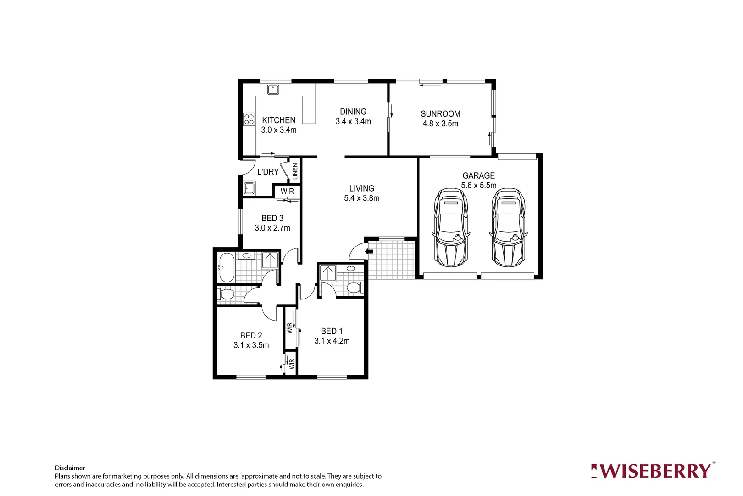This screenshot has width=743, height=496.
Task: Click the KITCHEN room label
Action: (x=278, y=120)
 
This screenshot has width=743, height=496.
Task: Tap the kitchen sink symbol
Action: (x=273, y=90)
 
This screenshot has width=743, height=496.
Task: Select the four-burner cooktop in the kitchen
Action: (x=249, y=119)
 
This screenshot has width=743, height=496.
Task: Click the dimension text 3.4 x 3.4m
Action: (x=353, y=122)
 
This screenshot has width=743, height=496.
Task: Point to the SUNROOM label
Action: (x=440, y=113)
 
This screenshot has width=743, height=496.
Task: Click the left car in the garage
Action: (x=451, y=227)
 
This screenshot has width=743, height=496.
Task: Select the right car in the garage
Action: (x=509, y=227)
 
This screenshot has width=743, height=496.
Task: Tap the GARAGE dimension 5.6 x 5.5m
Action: (x=478, y=186)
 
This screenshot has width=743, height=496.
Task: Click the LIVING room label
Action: (x=361, y=188)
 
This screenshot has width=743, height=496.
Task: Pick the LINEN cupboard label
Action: (x=295, y=171)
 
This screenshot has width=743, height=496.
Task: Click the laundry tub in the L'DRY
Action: (x=249, y=188)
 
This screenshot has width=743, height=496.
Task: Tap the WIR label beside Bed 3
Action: (x=287, y=191)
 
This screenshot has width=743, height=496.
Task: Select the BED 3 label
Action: (x=272, y=218)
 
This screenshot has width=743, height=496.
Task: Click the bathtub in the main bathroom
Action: (x=227, y=267)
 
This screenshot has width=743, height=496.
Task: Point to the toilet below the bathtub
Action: (x=227, y=294)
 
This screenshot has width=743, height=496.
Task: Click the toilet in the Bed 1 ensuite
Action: (x=353, y=288)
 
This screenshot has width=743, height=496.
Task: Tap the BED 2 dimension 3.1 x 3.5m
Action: (x=251, y=345)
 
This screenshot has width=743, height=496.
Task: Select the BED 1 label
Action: (x=332, y=331)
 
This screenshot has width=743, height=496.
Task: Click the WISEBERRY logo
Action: (x=653, y=471)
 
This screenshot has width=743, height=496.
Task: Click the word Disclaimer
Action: (x=70, y=468)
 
